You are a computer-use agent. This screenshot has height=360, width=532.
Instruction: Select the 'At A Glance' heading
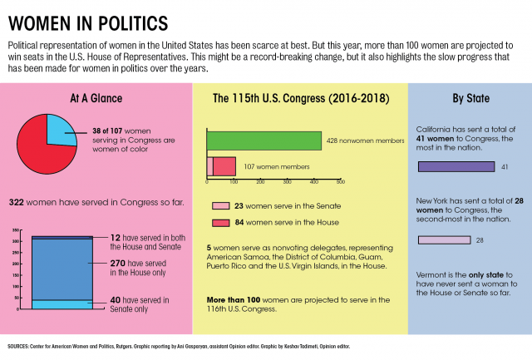96,98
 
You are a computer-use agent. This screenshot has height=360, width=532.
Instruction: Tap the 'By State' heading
470,98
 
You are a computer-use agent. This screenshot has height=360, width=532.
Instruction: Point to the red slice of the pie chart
42,148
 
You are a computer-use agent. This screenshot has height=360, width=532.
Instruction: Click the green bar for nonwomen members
264,141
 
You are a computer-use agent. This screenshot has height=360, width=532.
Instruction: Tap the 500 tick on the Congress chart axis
340,181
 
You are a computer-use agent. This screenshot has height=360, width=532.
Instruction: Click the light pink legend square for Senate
220,205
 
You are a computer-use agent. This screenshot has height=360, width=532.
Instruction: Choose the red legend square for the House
220,222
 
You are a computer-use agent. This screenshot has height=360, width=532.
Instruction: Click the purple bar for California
456,167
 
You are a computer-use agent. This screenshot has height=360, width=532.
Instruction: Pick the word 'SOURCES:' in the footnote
18,344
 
